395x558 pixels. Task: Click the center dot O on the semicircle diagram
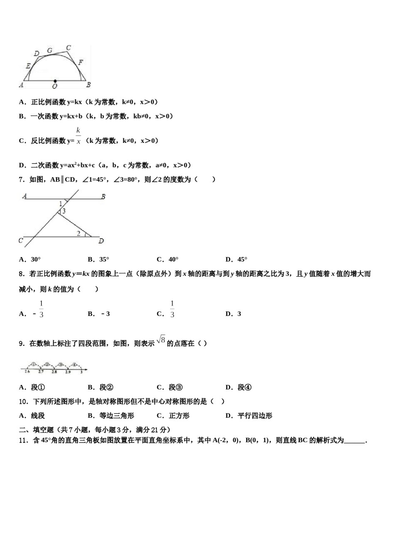point(55,81)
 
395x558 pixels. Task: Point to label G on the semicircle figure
point(49,51)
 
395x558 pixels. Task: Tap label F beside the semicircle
point(81,62)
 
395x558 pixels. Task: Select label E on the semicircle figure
point(28,66)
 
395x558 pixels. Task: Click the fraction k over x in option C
point(78,136)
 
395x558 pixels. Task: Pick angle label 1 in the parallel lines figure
point(61,203)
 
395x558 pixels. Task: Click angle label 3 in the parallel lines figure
point(64,211)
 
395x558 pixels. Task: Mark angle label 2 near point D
point(79,233)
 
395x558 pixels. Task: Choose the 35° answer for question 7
point(104,259)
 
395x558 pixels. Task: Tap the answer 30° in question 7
point(35,259)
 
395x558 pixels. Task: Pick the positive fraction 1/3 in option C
point(172,309)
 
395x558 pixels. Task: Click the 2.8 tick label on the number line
point(54,372)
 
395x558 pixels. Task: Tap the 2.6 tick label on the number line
point(27,372)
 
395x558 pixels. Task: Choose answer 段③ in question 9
point(175,387)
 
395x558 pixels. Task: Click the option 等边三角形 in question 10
point(116,416)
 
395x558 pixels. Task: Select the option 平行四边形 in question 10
point(255,416)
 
